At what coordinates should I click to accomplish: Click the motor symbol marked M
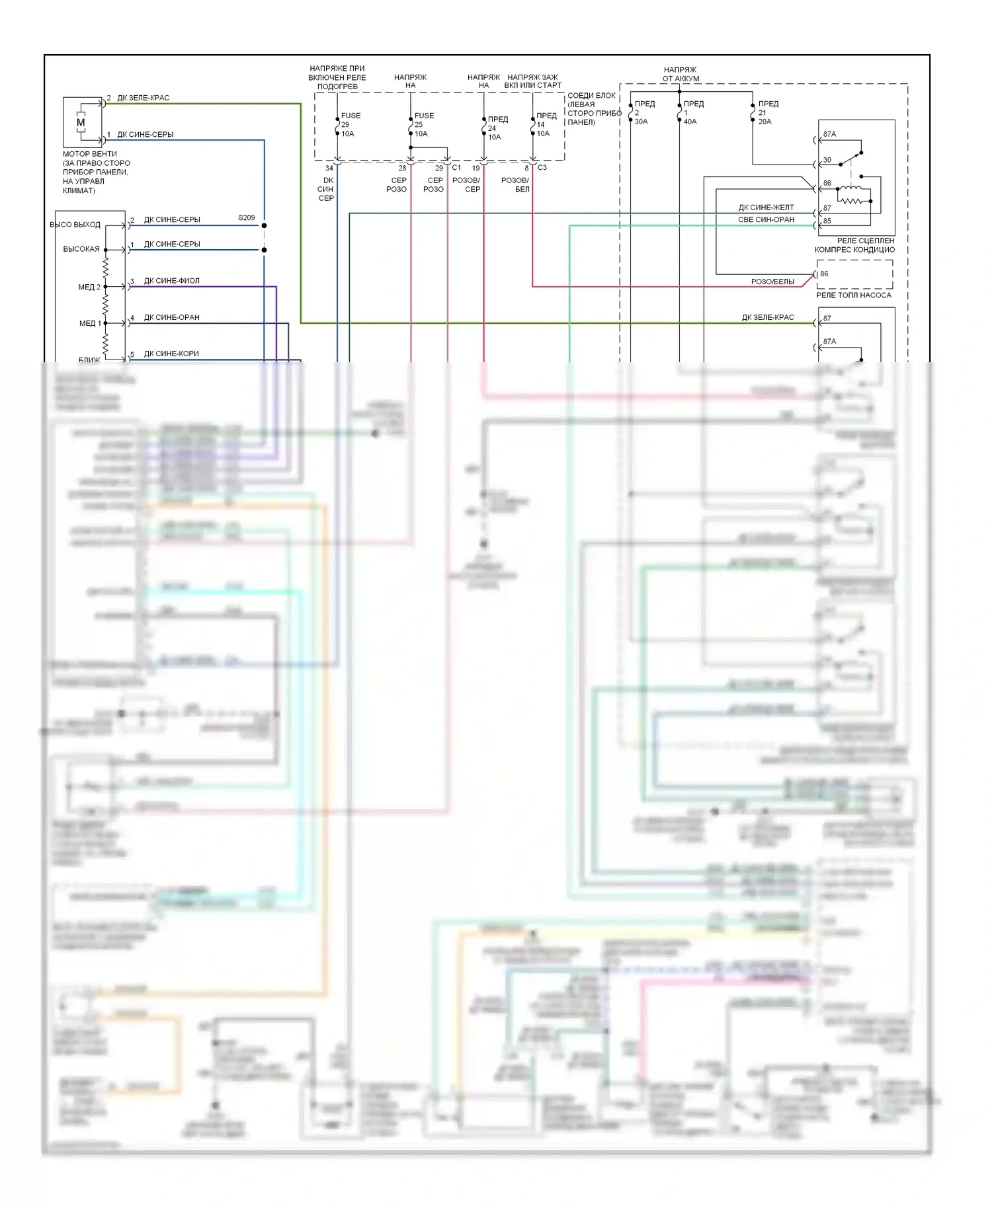[x=81, y=122]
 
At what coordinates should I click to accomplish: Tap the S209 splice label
[x=246, y=217]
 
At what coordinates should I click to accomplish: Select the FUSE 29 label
[x=351, y=120]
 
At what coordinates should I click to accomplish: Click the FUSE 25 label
[x=424, y=120]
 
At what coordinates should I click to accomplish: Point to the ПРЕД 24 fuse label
[x=497, y=124]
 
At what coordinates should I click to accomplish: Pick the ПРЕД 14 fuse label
[x=546, y=120]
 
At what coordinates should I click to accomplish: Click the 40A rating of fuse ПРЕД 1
[x=690, y=122]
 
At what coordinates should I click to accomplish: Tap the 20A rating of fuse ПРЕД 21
[x=765, y=122]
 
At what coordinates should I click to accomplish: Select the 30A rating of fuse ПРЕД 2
[x=641, y=122]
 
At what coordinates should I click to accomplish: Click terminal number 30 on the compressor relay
[x=827, y=160]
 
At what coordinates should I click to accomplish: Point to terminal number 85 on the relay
[x=827, y=221]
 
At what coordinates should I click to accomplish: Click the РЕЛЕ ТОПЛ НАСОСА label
[x=853, y=295]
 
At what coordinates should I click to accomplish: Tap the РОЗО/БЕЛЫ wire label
[x=772, y=282]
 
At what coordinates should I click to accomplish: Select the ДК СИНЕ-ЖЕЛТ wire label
[x=766, y=208]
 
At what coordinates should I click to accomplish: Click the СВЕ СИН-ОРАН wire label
[x=766, y=219]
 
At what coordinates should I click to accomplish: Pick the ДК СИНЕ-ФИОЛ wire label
[x=171, y=281]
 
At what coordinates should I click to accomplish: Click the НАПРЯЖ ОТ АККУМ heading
[x=680, y=74]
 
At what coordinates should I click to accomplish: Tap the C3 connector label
[x=542, y=168]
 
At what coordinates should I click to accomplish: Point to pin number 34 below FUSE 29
[x=329, y=169]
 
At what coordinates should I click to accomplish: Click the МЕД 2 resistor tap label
[x=89, y=287]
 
